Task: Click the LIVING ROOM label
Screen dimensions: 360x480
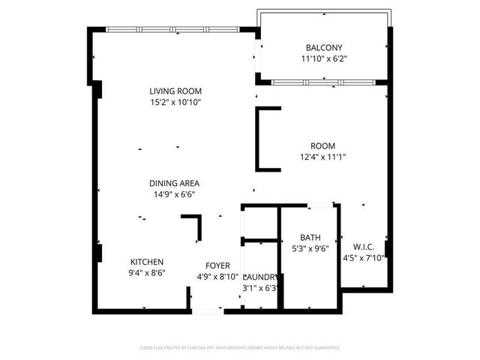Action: [175, 91]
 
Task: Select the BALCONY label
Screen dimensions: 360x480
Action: [324, 47]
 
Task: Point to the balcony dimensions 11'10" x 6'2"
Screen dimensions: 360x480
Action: [324, 58]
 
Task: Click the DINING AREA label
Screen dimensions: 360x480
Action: [175, 183]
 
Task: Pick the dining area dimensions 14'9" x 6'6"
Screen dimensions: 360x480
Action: [175, 194]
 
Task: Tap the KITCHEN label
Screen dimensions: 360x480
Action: [148, 262]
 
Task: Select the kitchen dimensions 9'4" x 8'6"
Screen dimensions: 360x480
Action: [148, 273]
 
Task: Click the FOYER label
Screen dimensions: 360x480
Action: [218, 265]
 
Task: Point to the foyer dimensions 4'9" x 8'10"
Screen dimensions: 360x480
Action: [218, 277]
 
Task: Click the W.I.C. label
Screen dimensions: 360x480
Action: [364, 247]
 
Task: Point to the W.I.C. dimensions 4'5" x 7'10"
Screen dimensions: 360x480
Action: [364, 258]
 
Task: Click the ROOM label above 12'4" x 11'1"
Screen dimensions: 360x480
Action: [323, 146]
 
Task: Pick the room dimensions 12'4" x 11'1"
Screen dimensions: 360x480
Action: [323, 157]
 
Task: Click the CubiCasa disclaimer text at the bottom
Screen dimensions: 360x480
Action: [240, 348]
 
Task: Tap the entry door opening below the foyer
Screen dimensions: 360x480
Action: [207, 309]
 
